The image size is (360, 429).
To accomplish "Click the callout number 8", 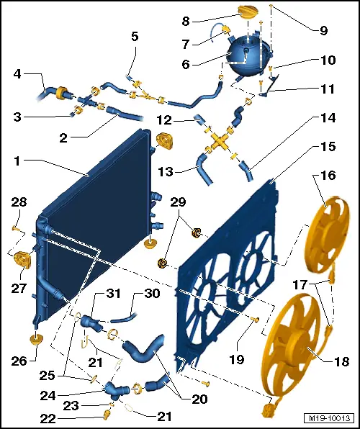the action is pyautogui.click(x=186, y=21).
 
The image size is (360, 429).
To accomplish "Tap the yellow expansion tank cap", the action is pyautogui.click(x=248, y=12).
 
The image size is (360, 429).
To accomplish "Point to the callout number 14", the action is pyautogui.click(x=328, y=118).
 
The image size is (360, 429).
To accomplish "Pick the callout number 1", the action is pyautogui.click(x=17, y=161).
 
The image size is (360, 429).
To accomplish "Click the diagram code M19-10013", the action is pyautogui.click(x=329, y=418).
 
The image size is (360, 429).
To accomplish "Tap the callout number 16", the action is pyautogui.click(x=328, y=175).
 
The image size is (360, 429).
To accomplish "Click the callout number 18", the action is pyautogui.click(x=342, y=361).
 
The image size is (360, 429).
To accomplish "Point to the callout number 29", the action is pyautogui.click(x=178, y=202).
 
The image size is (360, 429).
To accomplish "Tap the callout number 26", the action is pyautogui.click(x=19, y=361).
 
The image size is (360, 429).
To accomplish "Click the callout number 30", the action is pyautogui.click(x=152, y=294).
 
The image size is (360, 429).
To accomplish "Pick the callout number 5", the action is pyautogui.click(x=135, y=37).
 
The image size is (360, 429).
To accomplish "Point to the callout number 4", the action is pyautogui.click(x=17, y=74).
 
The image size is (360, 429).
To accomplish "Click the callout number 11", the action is pyautogui.click(x=328, y=89).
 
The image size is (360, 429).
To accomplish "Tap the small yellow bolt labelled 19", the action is pyautogui.click(x=255, y=318).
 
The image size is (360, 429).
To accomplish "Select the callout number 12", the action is pyautogui.click(x=164, y=120).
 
